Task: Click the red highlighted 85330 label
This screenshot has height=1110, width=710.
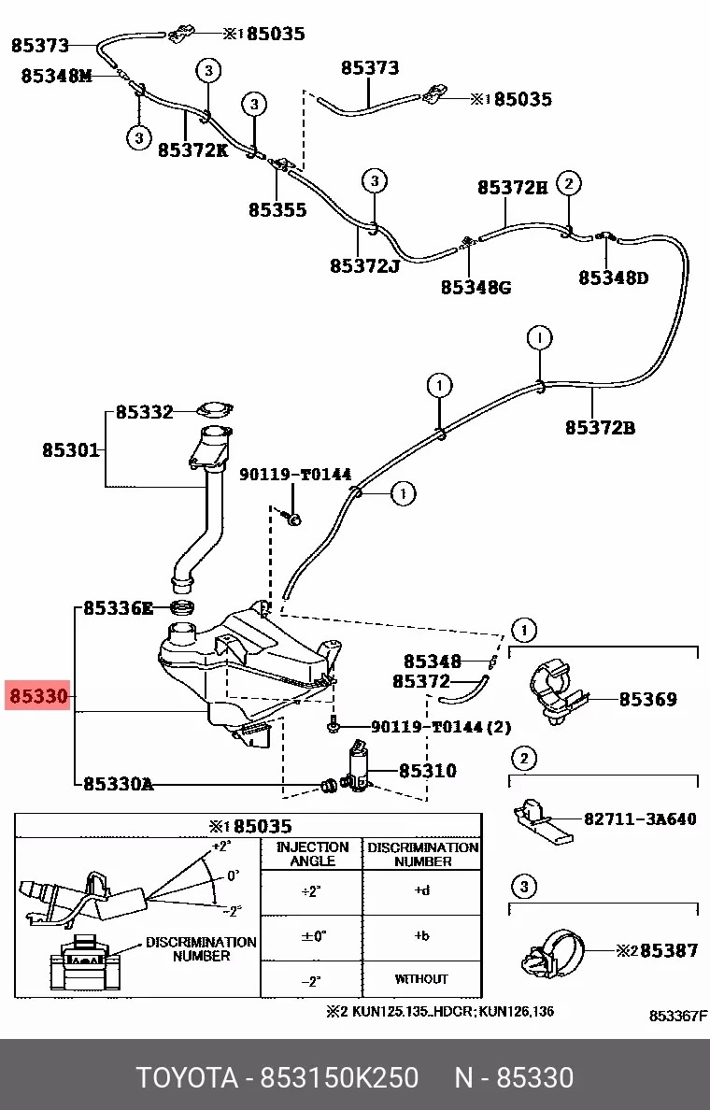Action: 38,696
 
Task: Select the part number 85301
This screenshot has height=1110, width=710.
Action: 71,450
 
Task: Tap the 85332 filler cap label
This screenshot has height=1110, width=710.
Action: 145,412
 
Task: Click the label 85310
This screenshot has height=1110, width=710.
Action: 428,771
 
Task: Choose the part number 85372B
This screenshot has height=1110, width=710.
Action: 600,429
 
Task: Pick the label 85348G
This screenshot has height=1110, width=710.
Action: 476,287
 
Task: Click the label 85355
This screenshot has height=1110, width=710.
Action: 277,210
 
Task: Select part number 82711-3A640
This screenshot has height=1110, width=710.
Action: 640,819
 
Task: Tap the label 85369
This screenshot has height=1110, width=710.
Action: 648,699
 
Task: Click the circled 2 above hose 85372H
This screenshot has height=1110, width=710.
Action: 569,183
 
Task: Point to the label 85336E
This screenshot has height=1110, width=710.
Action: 119,608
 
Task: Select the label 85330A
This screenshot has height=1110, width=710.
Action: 118,784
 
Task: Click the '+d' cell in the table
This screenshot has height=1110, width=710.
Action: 421,890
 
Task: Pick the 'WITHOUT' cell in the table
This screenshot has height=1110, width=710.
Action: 421,978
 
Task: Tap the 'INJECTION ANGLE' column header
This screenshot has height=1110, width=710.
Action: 312,854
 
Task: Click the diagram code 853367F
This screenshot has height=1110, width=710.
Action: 678,1016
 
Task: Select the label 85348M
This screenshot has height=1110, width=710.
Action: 57,77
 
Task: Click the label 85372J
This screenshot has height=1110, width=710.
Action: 364,266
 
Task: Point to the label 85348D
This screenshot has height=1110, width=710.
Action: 613,277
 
